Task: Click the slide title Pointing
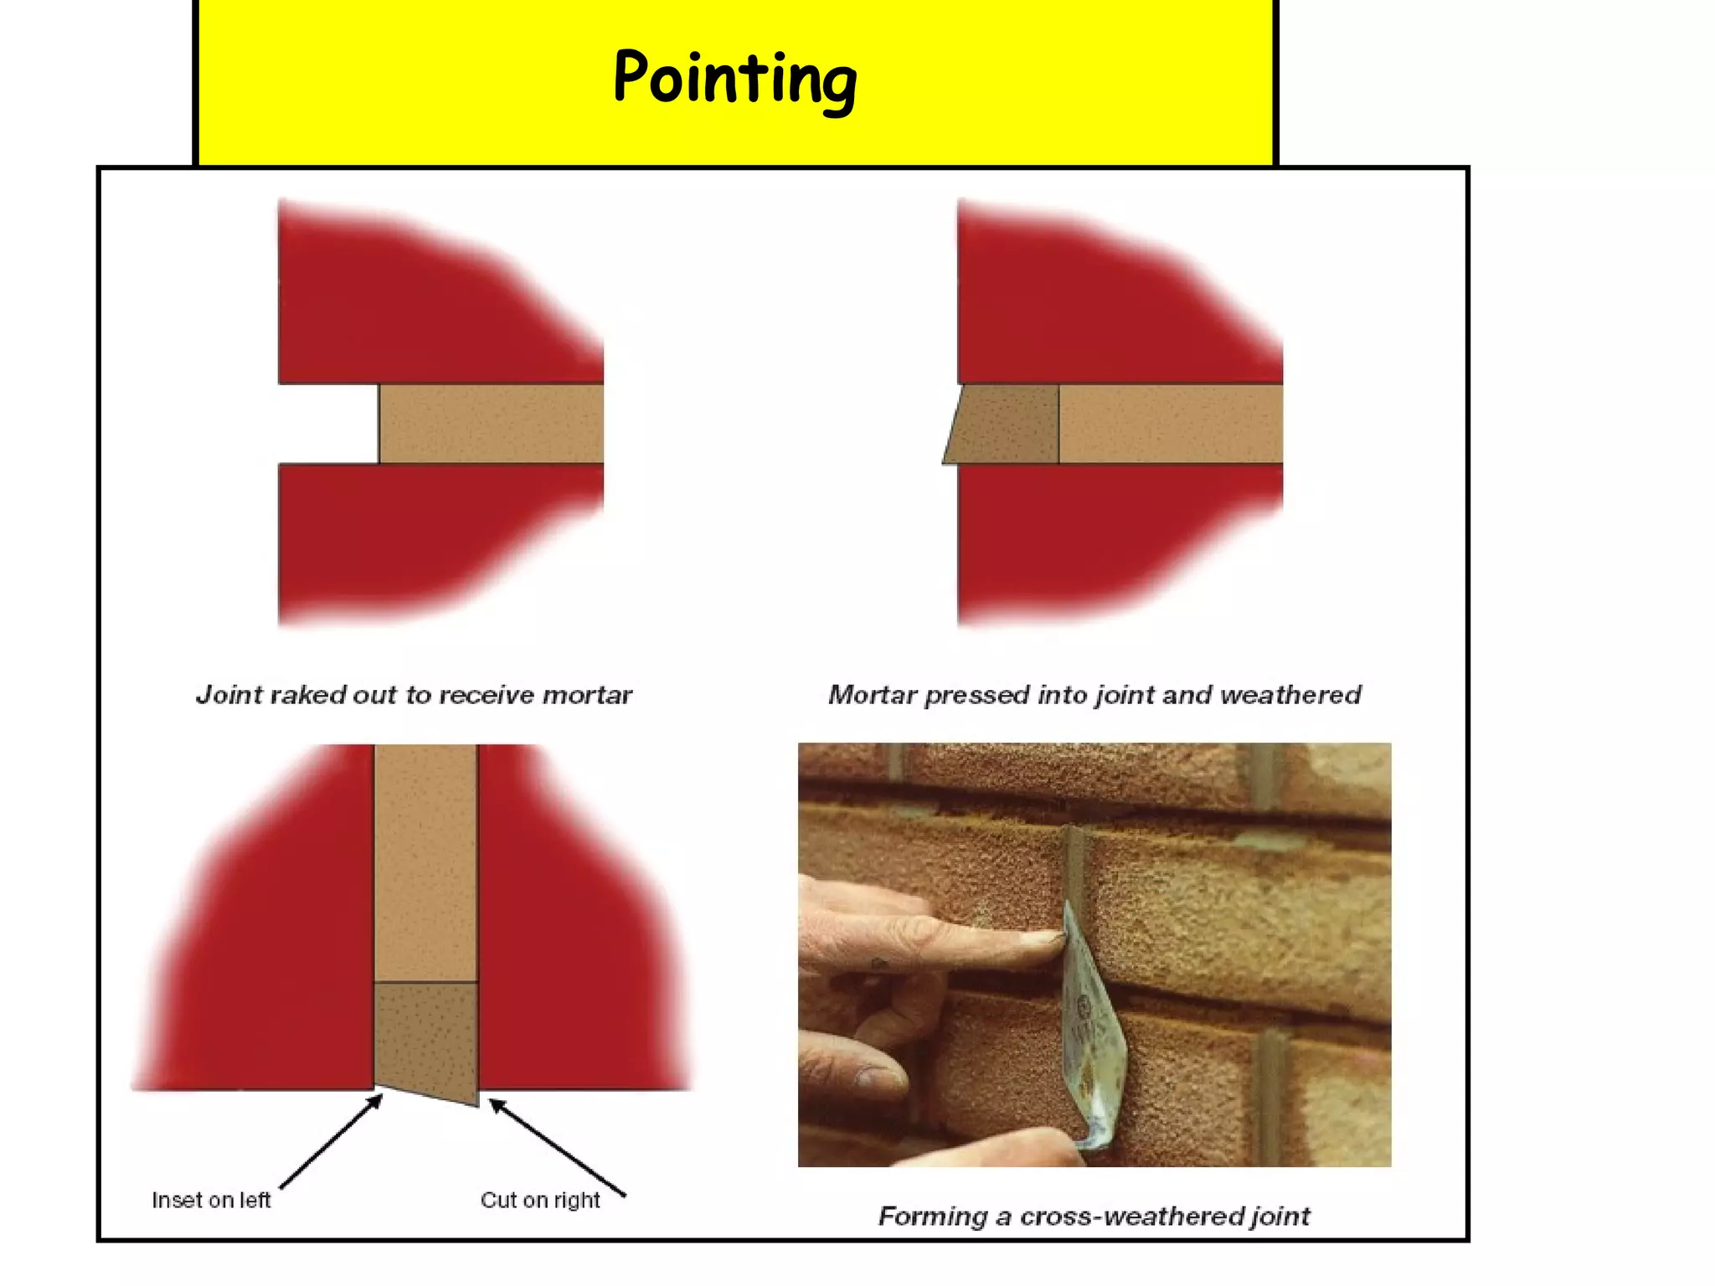click(x=734, y=78)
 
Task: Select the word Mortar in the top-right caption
click(x=872, y=695)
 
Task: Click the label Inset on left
click(x=211, y=1200)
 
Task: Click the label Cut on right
click(x=540, y=1200)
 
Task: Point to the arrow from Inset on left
click(x=331, y=1142)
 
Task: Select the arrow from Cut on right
click(x=557, y=1147)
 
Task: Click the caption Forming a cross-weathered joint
click(x=1094, y=1216)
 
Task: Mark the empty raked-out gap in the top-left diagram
click(x=328, y=424)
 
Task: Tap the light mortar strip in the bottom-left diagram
click(x=425, y=862)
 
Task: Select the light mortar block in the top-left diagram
click(x=491, y=424)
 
